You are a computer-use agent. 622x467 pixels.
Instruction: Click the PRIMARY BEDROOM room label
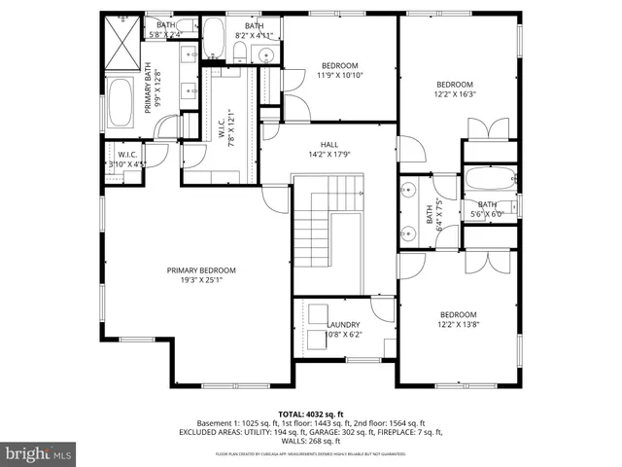pos(200,270)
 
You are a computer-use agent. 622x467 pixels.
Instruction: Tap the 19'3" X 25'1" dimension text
pos(200,280)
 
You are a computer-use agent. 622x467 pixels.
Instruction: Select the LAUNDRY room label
pos(343,325)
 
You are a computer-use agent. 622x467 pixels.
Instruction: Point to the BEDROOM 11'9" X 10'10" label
pos(340,65)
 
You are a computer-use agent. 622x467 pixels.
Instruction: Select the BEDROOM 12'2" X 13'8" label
pos(458,314)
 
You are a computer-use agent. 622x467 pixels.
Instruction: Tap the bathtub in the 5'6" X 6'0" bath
pos(489,179)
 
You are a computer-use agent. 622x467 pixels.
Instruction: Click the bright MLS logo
pos(39,453)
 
